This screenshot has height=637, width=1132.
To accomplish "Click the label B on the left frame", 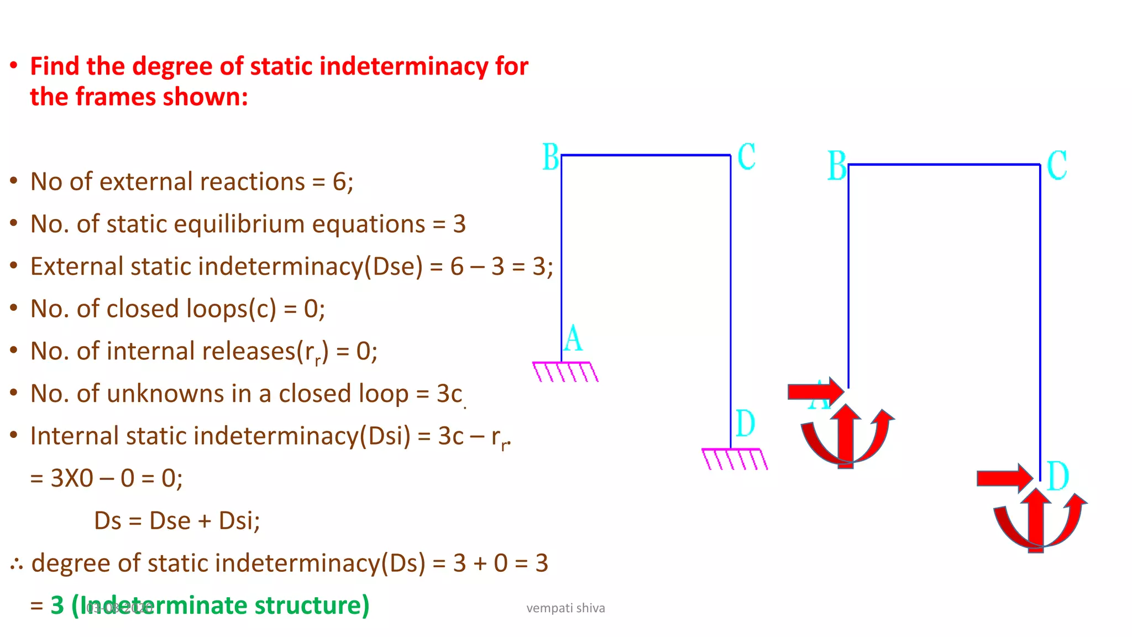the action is pos(551,157).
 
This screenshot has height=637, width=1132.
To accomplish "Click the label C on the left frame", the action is pos(746,156).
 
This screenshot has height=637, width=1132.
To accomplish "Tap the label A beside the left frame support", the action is pos(573,338).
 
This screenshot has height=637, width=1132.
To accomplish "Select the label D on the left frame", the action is pos(745,424).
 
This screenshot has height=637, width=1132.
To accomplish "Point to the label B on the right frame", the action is pos(837,165).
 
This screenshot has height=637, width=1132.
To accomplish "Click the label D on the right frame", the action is pos(1058,476).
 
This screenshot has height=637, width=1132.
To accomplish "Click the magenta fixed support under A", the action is pos(565,371).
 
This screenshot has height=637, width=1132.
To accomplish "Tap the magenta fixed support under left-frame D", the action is pos(734,458).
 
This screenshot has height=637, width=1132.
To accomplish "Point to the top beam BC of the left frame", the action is pos(646,155).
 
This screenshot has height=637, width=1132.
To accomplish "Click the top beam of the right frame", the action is pos(944,164).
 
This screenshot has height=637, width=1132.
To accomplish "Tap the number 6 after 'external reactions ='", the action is pos(339,181).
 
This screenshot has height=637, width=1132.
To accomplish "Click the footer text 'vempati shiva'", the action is pos(565,608).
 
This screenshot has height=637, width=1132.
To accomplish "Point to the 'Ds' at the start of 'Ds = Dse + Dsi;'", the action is pos(107,520).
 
